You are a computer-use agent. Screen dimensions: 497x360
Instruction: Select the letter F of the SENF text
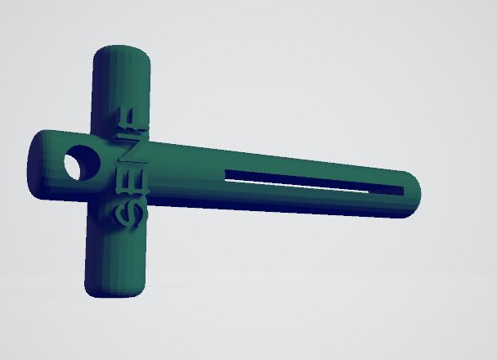coord(131,119)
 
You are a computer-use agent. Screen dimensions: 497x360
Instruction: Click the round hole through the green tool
coord(82,163)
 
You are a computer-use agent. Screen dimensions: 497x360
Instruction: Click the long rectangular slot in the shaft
coord(314,182)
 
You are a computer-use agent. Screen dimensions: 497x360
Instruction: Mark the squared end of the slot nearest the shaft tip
coord(401,191)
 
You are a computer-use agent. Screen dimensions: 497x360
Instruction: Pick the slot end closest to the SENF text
coord(226,175)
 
